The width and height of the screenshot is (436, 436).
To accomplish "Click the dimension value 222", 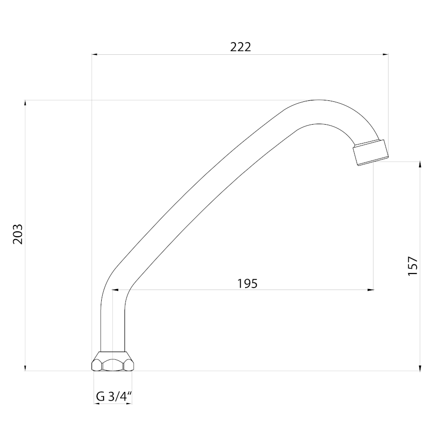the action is tap(240, 47).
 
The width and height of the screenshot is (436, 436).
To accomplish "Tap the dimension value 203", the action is tap(18, 234).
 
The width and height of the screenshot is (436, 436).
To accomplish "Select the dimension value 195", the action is tap(248, 283).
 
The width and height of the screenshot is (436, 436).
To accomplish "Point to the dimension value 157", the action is tap(413, 266).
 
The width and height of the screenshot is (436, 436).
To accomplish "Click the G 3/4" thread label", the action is tap(113, 396).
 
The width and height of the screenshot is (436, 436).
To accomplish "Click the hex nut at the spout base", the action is tap(112, 361).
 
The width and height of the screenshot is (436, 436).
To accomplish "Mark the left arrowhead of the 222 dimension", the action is tap(95, 55).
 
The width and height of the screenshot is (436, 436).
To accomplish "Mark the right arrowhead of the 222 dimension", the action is tap(385, 55).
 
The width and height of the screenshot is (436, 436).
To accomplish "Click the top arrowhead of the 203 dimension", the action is tap(25, 103).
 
